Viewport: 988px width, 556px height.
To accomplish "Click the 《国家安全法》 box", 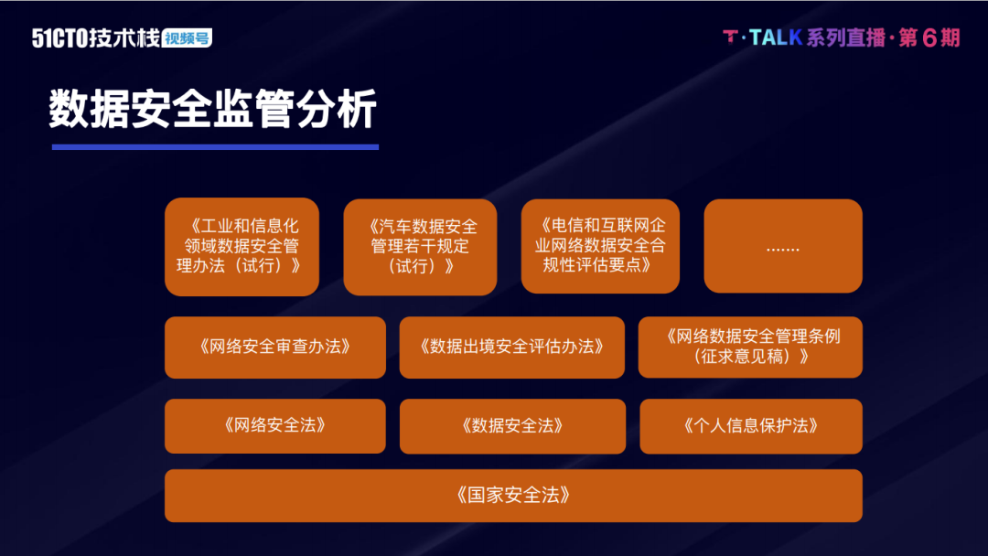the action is click(513, 496).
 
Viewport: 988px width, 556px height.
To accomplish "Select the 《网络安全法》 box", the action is click(275, 425).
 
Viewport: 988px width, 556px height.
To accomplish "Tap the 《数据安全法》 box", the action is click(512, 426).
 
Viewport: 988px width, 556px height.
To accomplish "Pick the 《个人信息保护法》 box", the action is click(751, 426).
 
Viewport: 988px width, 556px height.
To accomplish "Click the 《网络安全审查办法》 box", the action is click(275, 347).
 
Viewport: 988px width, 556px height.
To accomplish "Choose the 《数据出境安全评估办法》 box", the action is click(511, 347).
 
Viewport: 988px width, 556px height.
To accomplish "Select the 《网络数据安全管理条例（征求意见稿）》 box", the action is click(750, 347).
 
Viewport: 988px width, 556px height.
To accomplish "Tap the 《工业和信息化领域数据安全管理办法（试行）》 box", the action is click(242, 247).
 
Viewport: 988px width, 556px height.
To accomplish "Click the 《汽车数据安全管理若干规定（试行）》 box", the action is click(420, 247).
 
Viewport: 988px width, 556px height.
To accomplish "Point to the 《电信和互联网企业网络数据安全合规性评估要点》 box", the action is click(600, 246).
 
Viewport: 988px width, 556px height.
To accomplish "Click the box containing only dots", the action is click(783, 246).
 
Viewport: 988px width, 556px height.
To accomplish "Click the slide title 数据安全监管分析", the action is click(213, 109).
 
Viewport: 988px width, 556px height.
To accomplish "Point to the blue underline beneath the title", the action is click(216, 146).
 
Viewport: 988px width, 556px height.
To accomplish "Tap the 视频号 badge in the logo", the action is click(188, 37).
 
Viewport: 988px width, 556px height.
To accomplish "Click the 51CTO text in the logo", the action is click(59, 38).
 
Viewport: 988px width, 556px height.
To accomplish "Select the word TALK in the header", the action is click(777, 37).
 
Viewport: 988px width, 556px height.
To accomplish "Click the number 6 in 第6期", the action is click(929, 37).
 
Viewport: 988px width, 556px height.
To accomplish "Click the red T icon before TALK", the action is click(730, 37).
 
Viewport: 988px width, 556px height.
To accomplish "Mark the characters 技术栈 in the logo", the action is click(124, 37).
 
